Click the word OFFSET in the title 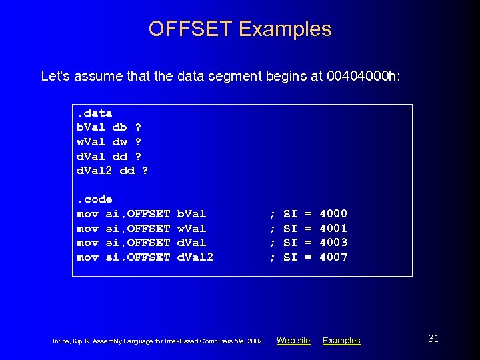(x=190, y=29)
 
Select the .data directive (x=94, y=113)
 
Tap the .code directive (x=94, y=199)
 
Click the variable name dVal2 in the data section (x=94, y=171)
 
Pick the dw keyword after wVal (x=120, y=142)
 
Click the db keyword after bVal (x=120, y=127)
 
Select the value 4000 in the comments (x=333, y=214)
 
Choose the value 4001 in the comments (x=333, y=228)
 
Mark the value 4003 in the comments (x=333, y=243)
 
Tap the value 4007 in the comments (x=333, y=257)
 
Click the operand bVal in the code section (x=191, y=214)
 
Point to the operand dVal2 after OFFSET (x=195, y=257)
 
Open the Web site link (x=293, y=341)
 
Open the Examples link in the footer (x=341, y=341)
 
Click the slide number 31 (x=433, y=339)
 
